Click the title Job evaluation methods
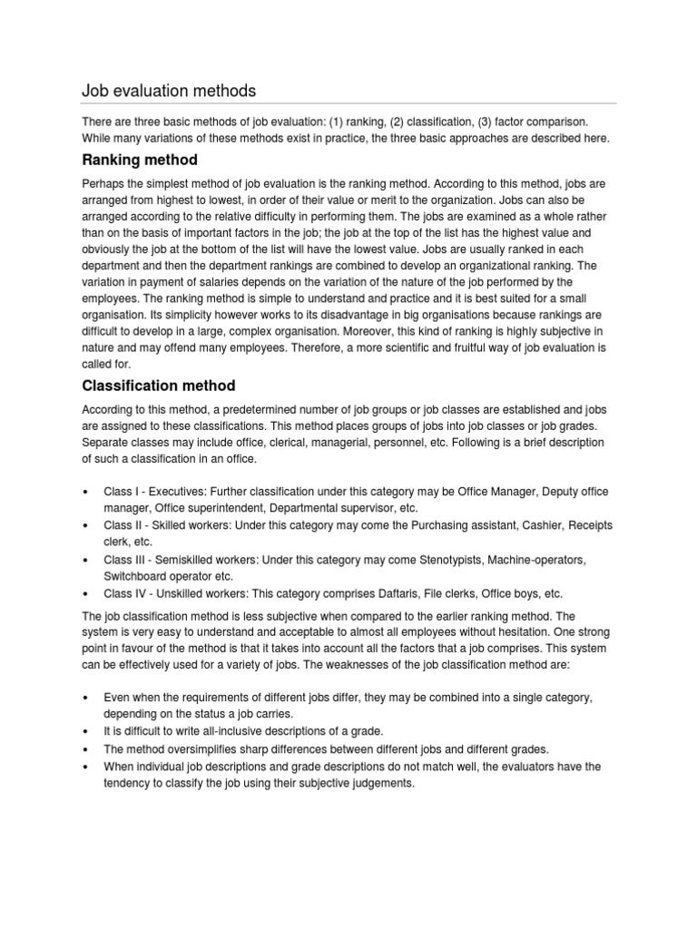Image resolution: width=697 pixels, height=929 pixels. pos(169,91)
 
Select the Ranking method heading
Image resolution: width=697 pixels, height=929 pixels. pos(139,161)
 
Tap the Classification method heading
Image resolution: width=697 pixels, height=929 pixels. pos(159,386)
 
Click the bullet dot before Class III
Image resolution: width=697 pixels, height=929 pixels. pos(84,560)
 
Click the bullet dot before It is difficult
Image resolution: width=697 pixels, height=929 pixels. pos(84,730)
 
